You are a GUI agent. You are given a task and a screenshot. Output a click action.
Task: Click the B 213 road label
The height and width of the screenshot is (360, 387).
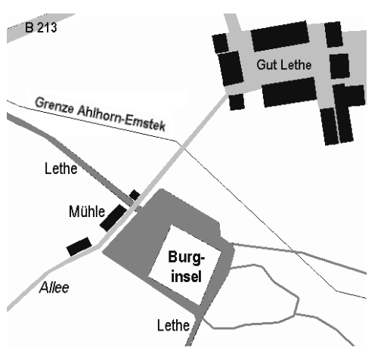(41, 27)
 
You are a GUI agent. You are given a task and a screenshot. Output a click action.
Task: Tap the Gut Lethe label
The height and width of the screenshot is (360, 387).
(284, 64)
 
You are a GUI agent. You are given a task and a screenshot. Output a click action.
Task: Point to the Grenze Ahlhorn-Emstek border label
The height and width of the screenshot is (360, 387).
(101, 114)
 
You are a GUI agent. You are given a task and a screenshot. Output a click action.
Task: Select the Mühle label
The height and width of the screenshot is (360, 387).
(87, 211)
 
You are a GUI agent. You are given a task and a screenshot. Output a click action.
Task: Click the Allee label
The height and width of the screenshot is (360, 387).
(54, 287)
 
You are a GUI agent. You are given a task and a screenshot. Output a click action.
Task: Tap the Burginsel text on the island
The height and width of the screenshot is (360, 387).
(186, 266)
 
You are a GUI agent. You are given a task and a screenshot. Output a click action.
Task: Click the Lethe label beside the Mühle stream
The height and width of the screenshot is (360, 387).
(60, 168)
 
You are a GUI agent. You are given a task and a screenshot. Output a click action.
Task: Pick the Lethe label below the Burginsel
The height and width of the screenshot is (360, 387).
(173, 325)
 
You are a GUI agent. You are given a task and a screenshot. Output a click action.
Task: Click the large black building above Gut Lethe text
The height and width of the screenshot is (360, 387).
(280, 36)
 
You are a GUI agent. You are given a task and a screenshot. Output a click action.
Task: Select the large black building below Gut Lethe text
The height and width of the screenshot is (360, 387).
(289, 92)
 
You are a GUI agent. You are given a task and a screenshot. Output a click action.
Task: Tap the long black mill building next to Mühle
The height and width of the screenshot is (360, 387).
(113, 218)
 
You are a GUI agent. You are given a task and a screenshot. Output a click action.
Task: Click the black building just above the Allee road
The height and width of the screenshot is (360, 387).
(79, 247)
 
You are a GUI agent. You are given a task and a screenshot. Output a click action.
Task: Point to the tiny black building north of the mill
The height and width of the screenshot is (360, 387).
(135, 195)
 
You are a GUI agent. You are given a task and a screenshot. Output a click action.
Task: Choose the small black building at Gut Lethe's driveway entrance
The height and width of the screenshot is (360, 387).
(237, 102)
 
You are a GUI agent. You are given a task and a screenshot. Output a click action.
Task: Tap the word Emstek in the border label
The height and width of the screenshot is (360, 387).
(146, 123)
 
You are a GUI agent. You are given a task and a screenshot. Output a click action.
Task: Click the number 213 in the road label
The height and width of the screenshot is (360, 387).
(47, 27)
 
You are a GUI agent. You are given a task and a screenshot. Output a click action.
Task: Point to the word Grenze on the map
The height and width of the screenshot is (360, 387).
(54, 105)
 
